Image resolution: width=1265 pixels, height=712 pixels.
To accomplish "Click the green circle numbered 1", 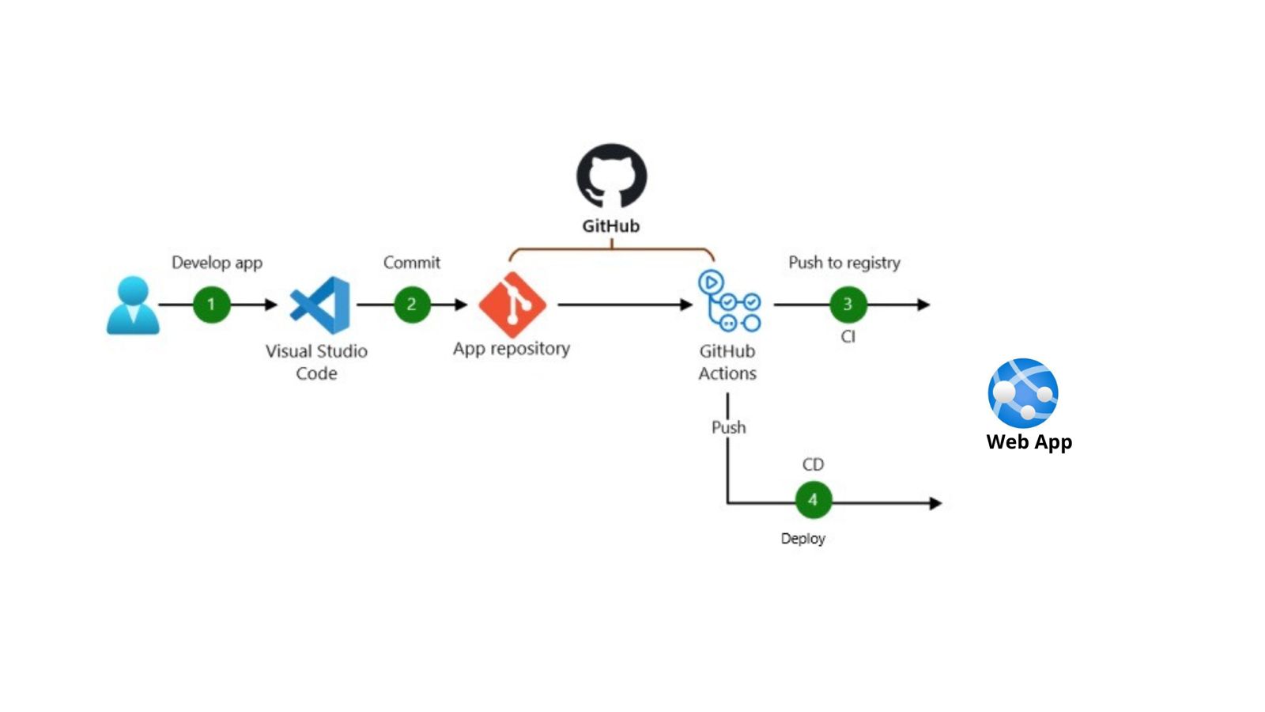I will click(211, 305).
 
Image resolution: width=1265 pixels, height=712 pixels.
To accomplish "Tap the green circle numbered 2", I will click(412, 305).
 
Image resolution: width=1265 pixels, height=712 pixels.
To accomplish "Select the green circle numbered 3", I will click(848, 305).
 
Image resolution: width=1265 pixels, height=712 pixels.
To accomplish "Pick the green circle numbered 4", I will click(813, 500).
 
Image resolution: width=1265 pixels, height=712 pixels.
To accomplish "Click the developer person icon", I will click(133, 305).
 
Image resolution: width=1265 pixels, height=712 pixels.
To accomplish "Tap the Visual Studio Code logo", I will click(320, 305).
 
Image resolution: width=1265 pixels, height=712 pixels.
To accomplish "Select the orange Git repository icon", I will click(512, 305).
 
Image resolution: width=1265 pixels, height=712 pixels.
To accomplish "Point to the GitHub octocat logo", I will click(611, 176).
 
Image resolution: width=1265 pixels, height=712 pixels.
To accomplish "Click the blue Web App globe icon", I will click(1023, 392).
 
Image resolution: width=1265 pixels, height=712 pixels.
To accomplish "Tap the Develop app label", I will click(217, 263).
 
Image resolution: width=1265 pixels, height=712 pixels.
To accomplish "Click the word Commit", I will click(411, 263).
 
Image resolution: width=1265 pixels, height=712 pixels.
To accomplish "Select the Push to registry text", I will click(844, 263).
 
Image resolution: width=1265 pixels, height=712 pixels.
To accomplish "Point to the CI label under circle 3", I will click(848, 337).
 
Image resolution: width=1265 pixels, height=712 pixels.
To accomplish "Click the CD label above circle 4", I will click(813, 464).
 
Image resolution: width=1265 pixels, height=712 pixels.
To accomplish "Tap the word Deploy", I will click(802, 539).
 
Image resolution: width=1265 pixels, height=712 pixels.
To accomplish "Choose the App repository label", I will click(511, 349).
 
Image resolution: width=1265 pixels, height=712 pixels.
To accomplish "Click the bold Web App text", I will click(1029, 442).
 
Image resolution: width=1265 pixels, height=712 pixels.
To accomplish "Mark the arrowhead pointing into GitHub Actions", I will click(686, 305).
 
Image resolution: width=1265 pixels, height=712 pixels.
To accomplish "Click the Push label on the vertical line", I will click(728, 427).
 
